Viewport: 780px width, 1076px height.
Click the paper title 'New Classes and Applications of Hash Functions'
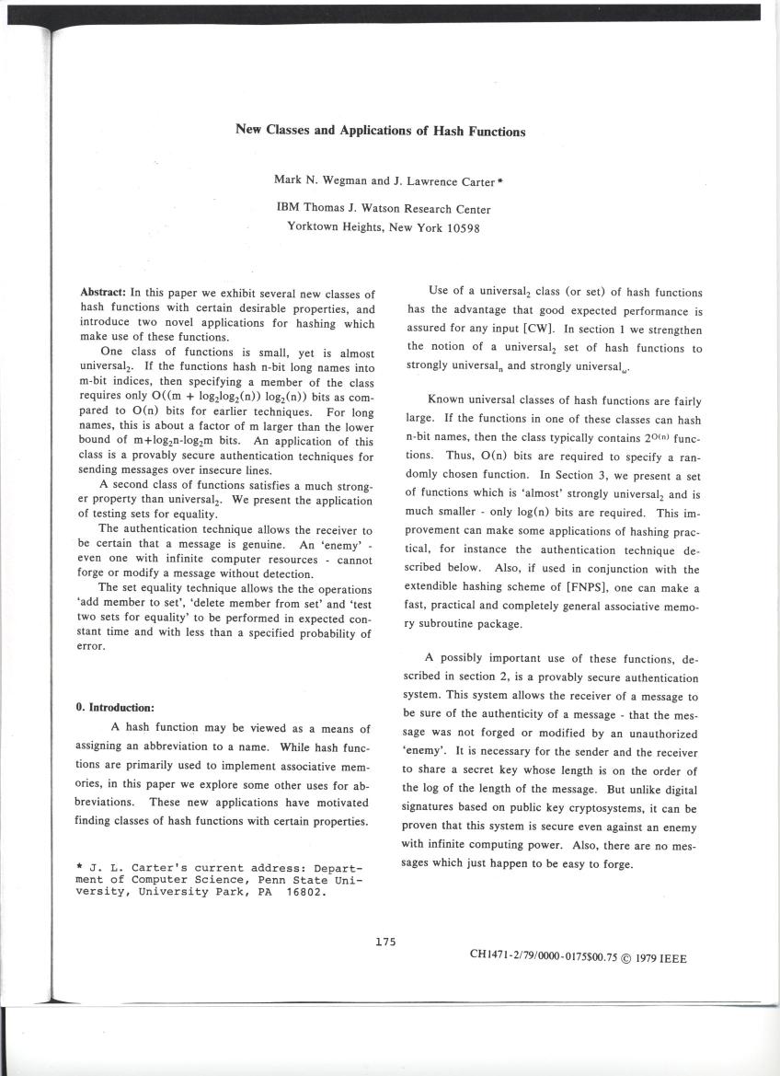381,131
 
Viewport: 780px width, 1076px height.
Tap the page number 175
385,941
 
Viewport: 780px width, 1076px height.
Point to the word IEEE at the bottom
670,957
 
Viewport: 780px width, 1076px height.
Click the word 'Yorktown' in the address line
315,227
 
